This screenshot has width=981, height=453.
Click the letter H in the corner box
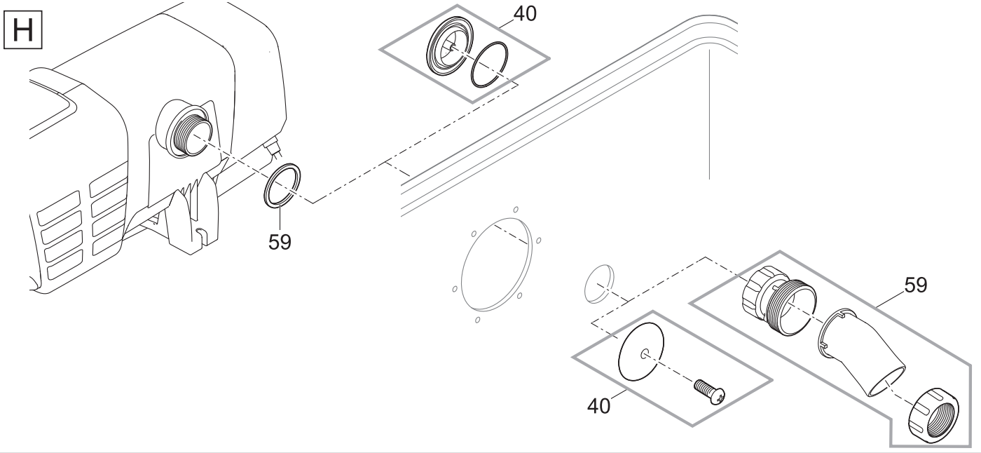22,29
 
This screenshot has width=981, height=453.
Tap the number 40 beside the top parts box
525,13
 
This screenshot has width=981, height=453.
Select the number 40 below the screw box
598,406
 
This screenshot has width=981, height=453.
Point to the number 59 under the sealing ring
280,242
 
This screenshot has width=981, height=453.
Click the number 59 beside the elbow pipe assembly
916,285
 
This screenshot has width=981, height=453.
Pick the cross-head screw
709,392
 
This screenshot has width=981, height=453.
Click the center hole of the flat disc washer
645,354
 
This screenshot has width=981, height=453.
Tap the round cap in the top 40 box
449,46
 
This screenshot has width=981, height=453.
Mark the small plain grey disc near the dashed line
599,283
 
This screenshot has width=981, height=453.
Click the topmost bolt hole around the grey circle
516,210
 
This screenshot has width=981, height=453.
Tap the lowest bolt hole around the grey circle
477,320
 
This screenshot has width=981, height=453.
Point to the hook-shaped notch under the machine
200,234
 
